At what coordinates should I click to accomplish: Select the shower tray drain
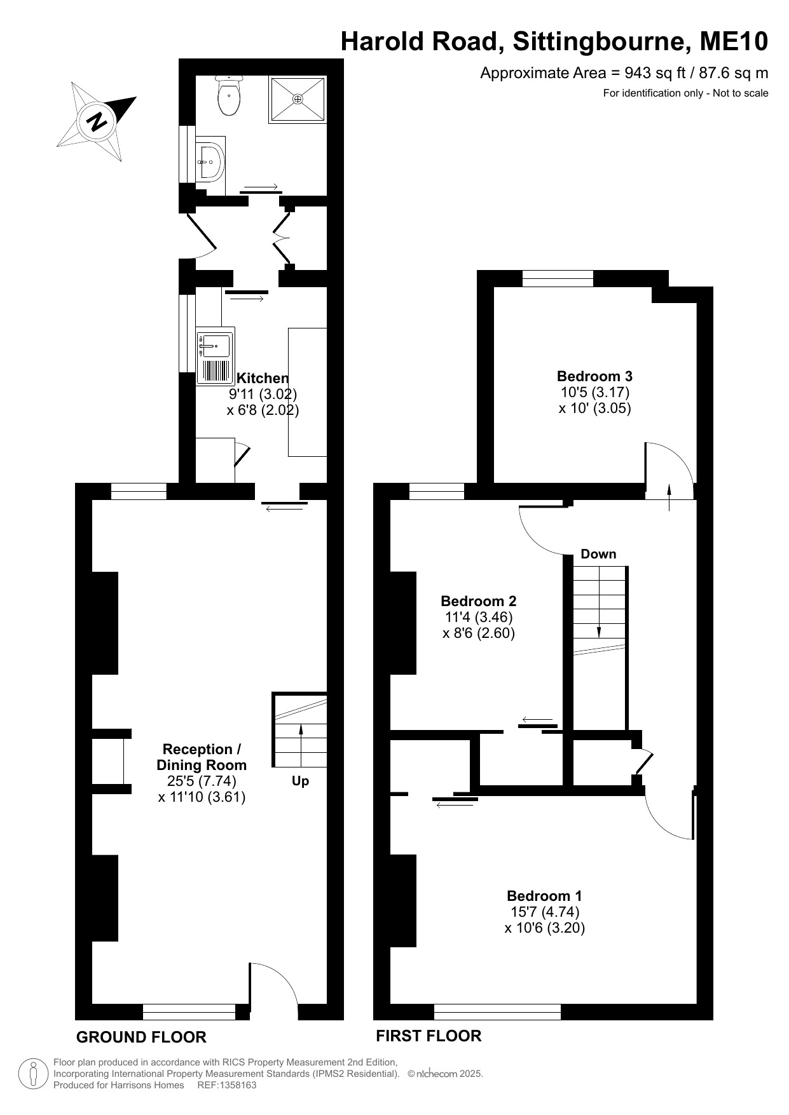[298, 99]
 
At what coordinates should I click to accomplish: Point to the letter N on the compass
[97, 121]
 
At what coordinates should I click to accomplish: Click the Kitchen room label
[263, 379]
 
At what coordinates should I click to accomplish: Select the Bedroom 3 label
[594, 376]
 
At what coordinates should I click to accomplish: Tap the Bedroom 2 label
[479, 601]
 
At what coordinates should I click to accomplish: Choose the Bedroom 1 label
[544, 896]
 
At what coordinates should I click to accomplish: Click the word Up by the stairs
[300, 781]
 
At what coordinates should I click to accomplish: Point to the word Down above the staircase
[598, 554]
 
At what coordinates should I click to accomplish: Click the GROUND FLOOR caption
[141, 1037]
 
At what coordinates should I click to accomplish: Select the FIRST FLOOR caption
[429, 1036]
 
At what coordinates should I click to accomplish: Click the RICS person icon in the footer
[33, 1074]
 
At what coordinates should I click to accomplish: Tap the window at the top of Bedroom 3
[558, 278]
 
